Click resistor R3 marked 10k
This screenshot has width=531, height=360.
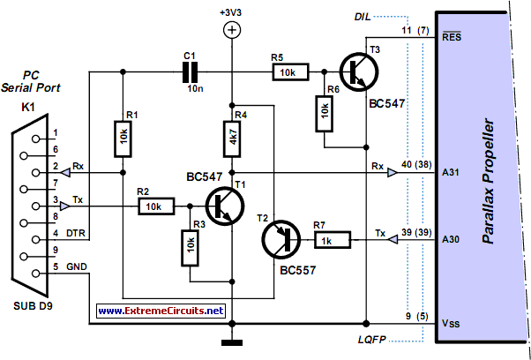[x=189, y=251]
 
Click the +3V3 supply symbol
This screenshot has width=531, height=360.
[x=231, y=30]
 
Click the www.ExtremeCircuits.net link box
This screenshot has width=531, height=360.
[x=161, y=311]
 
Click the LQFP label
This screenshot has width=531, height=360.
[x=363, y=339]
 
